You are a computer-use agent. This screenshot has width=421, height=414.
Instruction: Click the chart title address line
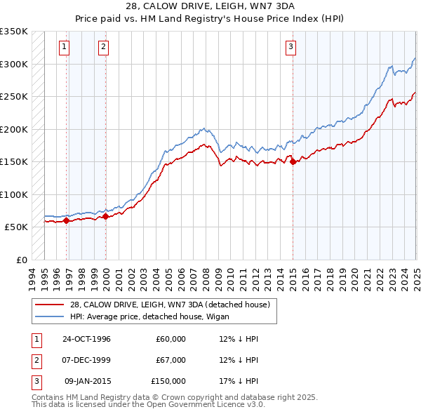tap(210, 8)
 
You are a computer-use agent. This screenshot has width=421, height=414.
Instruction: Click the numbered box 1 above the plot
tap(64, 47)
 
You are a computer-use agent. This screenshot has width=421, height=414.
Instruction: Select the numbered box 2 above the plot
tap(103, 47)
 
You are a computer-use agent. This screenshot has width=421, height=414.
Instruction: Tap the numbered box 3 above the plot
tap(290, 47)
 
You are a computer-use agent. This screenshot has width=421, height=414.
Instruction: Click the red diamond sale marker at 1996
tap(66, 220)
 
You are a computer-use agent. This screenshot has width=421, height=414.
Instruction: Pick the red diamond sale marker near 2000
tap(105, 216)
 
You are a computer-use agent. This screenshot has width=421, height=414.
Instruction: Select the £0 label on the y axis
tap(21, 260)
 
